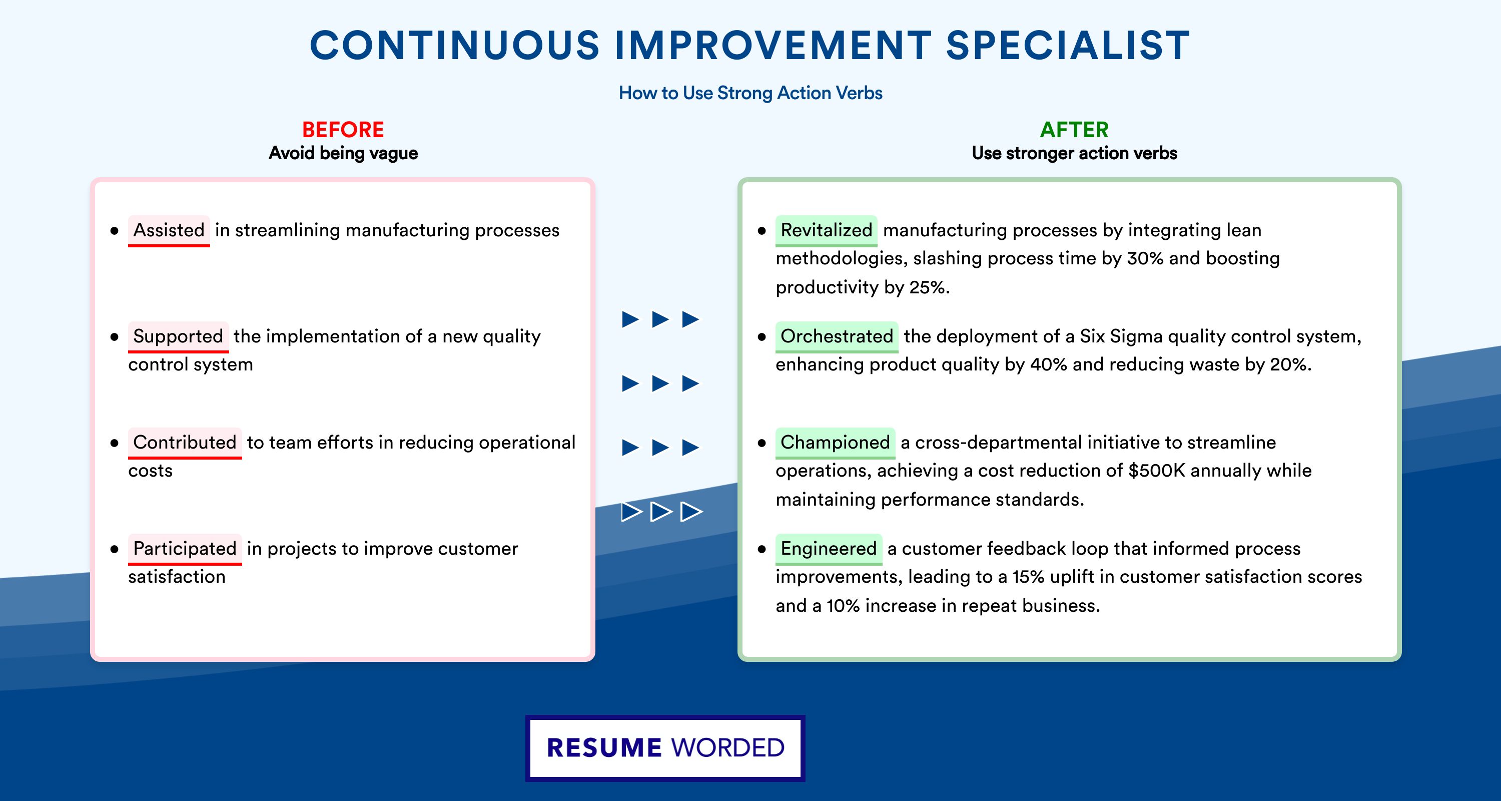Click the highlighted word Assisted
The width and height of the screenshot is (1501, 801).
click(169, 230)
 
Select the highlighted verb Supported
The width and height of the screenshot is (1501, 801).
click(178, 336)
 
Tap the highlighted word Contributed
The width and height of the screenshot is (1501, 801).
click(185, 443)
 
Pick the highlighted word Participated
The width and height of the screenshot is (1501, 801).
click(185, 549)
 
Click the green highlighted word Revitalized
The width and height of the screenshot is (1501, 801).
click(826, 230)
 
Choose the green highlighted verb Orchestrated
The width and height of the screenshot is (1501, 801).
click(837, 336)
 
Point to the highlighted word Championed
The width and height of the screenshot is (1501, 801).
click(835, 443)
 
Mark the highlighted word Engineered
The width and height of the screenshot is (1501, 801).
click(829, 549)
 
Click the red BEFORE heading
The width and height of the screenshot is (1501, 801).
click(343, 130)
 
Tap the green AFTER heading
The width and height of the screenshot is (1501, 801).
click(1075, 130)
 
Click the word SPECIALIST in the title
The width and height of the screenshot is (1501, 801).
click(1068, 45)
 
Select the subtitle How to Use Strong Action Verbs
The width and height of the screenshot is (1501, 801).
click(750, 93)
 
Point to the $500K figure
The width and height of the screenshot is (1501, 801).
click(1157, 471)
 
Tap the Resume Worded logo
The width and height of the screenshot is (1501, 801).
click(665, 748)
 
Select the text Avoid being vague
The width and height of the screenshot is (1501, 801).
click(343, 153)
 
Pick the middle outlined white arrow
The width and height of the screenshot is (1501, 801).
click(661, 512)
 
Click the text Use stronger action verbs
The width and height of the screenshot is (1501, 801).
click(1075, 153)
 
